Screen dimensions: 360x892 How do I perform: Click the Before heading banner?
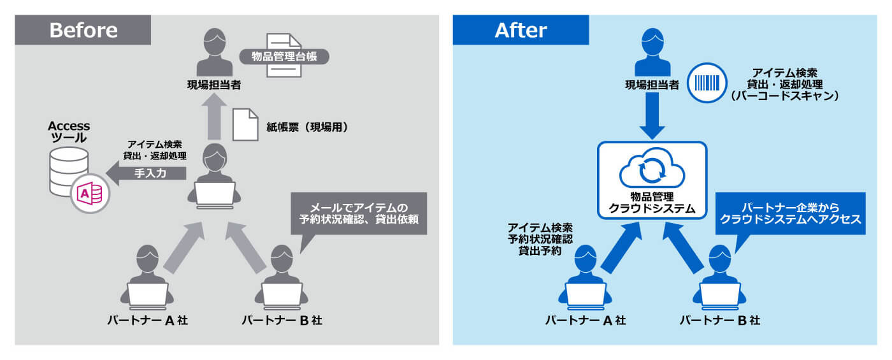83,31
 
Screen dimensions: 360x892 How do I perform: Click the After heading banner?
521,31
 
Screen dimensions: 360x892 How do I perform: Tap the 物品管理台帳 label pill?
284,57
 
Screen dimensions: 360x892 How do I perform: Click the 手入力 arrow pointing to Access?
146,173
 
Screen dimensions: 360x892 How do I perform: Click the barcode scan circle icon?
707,83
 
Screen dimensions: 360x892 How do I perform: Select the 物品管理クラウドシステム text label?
652,203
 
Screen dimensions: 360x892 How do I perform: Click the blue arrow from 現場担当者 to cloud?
652,115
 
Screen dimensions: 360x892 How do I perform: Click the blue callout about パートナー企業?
789,213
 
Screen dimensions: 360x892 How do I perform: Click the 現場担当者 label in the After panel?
652,84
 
